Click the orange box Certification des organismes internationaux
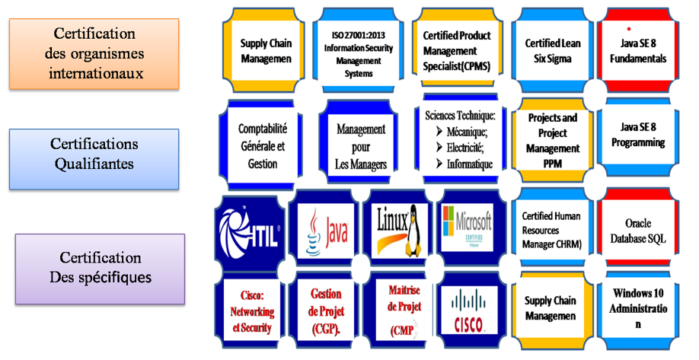tap(94, 54)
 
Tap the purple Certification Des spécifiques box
tap(100, 269)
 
